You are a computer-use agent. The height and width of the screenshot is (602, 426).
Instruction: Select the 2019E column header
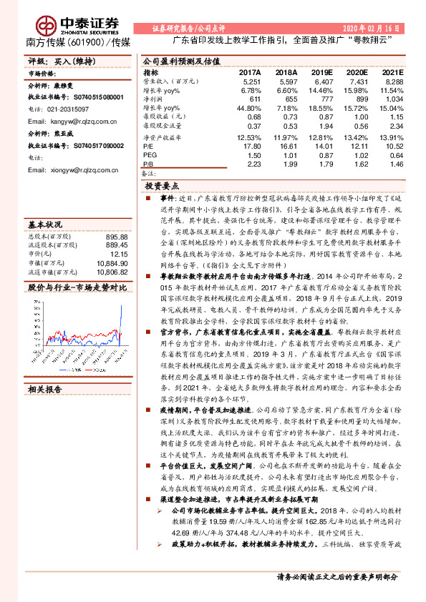coord(323,72)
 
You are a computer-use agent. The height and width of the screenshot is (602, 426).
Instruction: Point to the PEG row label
coord(150,155)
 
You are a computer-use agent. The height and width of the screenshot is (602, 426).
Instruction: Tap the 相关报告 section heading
coord(44,390)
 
